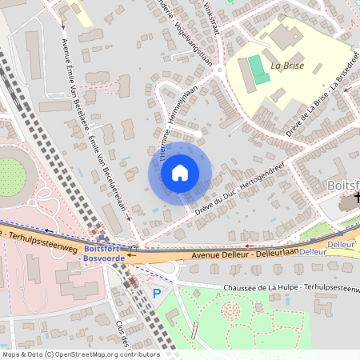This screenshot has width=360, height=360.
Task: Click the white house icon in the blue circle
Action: [x=179, y=173]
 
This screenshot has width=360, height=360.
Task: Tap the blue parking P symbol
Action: [x=157, y=294]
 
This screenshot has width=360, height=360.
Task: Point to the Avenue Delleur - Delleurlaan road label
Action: [x=245, y=254]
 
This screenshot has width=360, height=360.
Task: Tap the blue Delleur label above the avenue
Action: [x=341, y=243]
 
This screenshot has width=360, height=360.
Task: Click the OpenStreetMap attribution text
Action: [x=80, y=354]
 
